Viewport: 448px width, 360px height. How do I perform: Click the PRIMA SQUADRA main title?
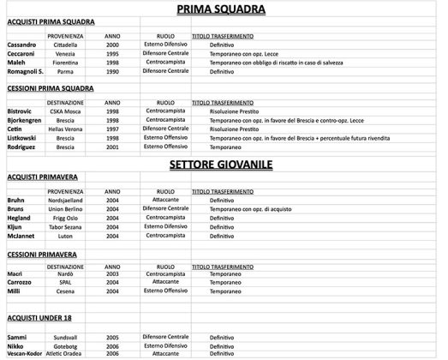tap(221, 10)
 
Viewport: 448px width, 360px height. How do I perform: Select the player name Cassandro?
tap(21, 45)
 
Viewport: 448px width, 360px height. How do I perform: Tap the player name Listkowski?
tap(23, 137)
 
